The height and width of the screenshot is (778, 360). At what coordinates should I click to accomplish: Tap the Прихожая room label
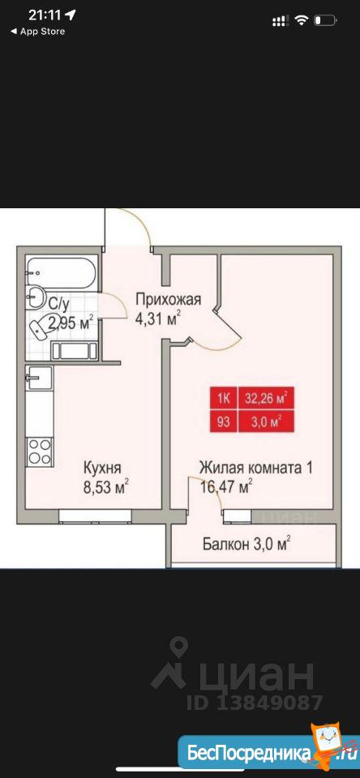(x=169, y=300)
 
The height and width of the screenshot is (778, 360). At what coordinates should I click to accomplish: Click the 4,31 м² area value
(x=158, y=318)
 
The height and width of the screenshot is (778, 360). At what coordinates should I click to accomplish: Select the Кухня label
(x=102, y=468)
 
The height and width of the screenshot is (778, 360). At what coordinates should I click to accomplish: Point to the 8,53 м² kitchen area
(x=105, y=485)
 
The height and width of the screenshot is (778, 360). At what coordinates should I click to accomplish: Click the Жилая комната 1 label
(x=255, y=468)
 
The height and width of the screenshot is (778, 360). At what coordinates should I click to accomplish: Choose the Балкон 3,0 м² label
(x=246, y=545)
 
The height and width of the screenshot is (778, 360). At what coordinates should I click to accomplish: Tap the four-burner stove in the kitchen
(x=39, y=451)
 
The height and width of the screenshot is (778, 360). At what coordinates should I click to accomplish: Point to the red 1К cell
(x=224, y=398)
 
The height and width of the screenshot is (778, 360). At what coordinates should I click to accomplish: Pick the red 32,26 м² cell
(x=267, y=398)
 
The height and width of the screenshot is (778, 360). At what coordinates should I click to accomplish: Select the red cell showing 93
(x=224, y=421)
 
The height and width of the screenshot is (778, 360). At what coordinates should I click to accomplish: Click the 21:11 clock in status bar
(x=45, y=16)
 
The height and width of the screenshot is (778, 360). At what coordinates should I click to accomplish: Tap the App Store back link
(x=37, y=32)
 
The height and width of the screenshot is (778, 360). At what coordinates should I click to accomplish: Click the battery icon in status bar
(x=326, y=20)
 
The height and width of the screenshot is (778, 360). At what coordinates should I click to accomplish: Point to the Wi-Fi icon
(x=301, y=19)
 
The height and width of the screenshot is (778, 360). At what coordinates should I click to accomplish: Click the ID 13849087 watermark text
(x=255, y=703)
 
